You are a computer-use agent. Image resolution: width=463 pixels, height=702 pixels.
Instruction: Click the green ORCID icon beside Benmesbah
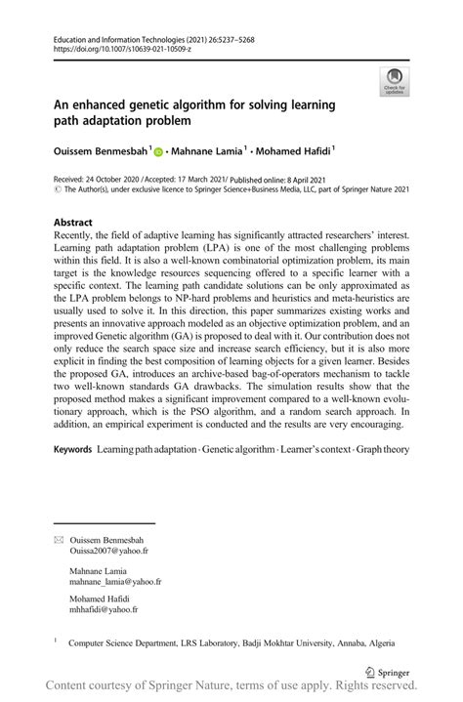coord(157,150)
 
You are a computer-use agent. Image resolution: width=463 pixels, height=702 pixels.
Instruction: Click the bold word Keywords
coord(72,450)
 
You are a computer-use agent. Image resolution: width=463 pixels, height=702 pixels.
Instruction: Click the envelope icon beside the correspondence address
coord(58,540)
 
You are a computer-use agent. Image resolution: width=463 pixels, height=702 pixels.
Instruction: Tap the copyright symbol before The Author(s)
coord(58,191)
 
